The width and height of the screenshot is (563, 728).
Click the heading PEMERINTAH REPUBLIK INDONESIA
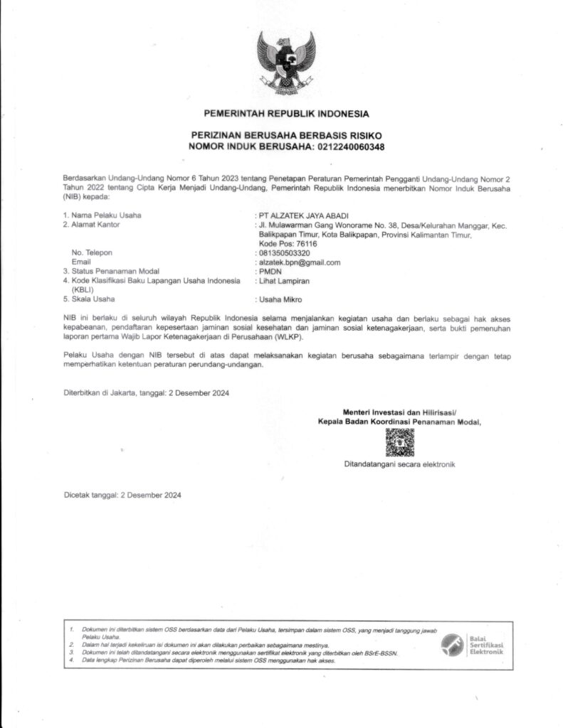286,114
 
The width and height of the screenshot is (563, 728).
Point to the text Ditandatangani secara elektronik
399,464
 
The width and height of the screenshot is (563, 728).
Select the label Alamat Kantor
95,224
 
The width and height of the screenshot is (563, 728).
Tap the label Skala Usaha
92,299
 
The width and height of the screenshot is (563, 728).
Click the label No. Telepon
93,252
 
